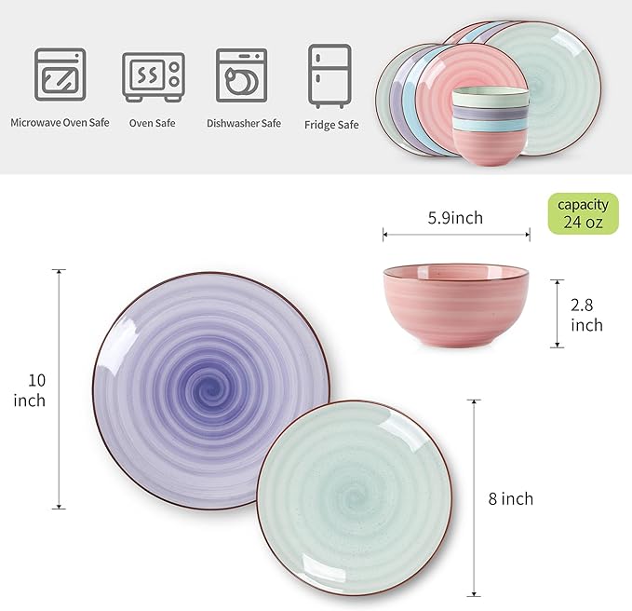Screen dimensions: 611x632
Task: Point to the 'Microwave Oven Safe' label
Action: [61, 122]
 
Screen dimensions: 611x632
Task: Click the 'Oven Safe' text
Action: [154, 122]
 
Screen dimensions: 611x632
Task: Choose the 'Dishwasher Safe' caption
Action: [244, 122]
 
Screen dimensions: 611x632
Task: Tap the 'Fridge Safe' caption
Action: [330, 123]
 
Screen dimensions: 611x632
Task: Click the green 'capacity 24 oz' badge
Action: [583, 213]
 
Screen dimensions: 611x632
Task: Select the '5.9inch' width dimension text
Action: [455, 218]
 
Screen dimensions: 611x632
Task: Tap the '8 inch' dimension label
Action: [510, 499]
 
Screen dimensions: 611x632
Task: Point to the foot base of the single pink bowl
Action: [455, 343]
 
